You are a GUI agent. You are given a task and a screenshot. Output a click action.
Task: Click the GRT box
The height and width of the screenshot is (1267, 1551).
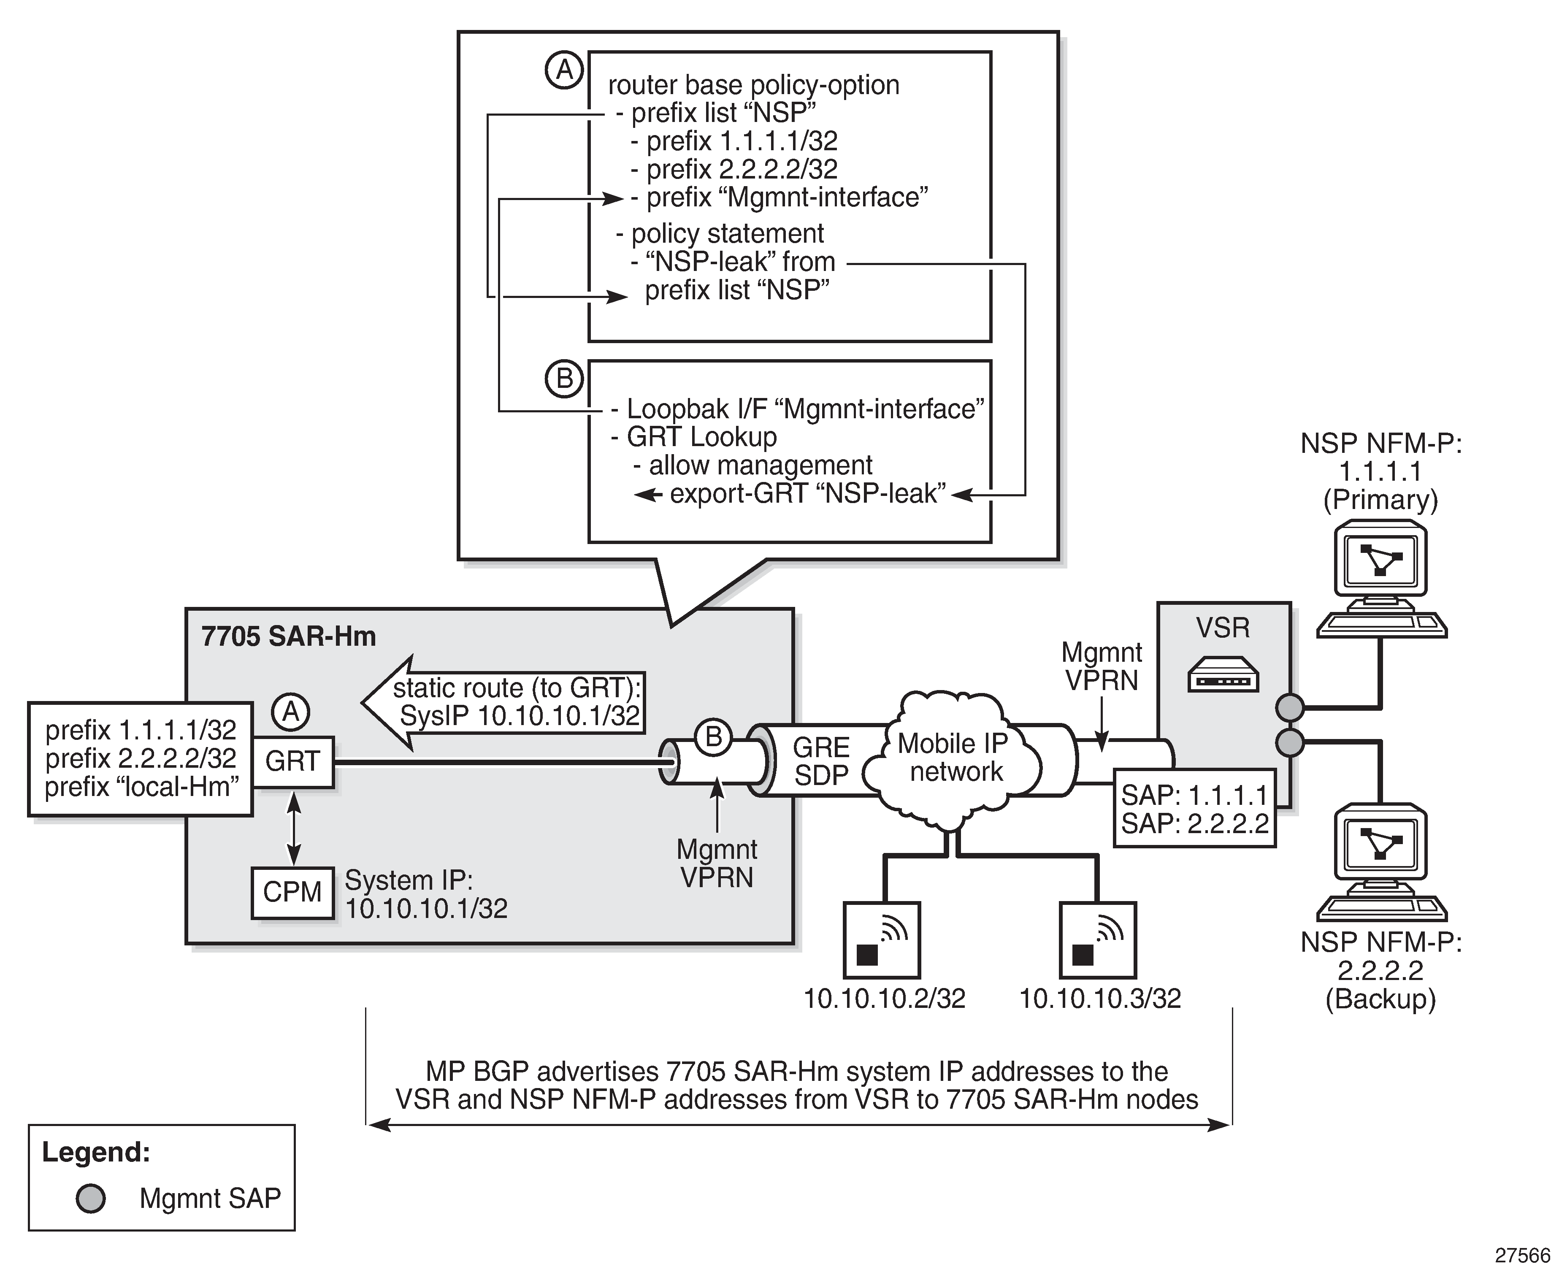(292, 761)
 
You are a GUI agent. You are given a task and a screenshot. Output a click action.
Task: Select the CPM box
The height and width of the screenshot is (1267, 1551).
(292, 892)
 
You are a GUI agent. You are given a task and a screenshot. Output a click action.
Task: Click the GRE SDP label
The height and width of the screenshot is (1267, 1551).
(821, 761)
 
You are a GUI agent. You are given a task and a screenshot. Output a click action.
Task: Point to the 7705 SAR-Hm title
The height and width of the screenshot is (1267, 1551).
(288, 636)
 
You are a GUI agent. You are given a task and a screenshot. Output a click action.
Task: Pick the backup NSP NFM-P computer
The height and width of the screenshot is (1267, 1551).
(1380, 861)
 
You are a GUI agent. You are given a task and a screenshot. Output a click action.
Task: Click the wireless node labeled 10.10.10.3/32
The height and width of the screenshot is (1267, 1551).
(1097, 939)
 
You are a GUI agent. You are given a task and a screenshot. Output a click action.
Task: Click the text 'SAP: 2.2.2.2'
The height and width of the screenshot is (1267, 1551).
(1195, 823)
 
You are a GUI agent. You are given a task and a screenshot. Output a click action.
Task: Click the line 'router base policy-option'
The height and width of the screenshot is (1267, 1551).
(753, 85)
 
